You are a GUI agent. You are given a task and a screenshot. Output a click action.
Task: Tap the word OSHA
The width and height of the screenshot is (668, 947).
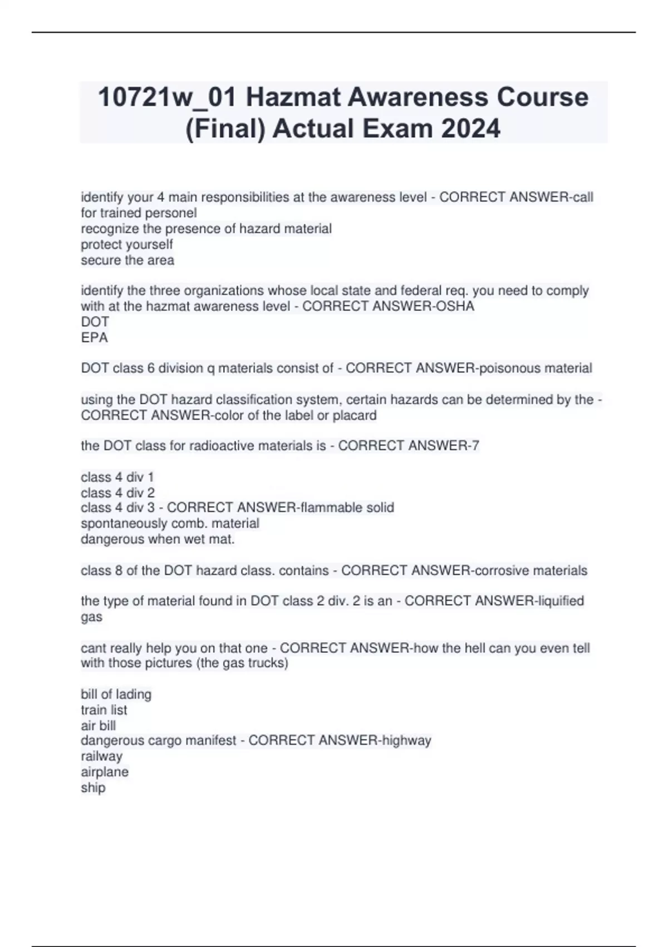pos(457,306)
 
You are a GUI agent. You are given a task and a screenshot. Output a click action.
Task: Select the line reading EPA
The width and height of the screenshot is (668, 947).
pos(94,338)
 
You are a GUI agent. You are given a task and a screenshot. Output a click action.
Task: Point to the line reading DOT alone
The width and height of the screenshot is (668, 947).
pos(95,322)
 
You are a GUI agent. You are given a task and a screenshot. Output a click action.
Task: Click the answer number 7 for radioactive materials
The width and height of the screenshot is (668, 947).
pos(475,446)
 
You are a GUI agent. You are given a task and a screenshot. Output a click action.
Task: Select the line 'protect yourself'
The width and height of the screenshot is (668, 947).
pos(126,245)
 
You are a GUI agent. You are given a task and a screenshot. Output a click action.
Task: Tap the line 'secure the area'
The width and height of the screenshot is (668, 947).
pos(127,260)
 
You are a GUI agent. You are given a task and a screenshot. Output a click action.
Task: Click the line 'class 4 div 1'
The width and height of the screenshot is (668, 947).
pos(117,477)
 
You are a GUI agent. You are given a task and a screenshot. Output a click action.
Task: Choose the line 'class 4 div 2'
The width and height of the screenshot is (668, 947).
pos(117,492)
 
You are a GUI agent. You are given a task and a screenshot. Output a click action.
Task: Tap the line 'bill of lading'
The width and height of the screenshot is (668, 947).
pos(116,694)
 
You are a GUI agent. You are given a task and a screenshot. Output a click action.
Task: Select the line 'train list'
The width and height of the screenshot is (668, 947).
pos(104,710)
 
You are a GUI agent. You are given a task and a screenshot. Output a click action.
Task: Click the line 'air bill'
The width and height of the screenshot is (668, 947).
pos(98,725)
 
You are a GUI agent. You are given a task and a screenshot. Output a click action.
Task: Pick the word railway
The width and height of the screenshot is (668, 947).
pos(101,756)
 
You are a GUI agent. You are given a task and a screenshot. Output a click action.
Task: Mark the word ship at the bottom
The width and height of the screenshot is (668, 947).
pos(93,788)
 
